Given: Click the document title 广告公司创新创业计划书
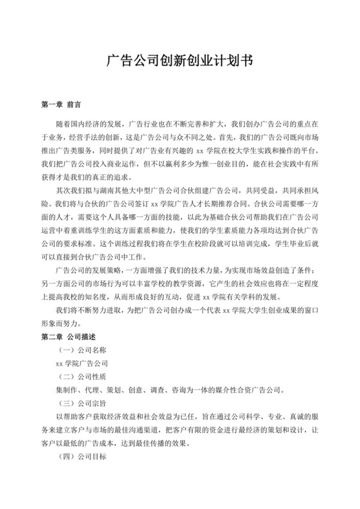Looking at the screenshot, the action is [x=179, y=62].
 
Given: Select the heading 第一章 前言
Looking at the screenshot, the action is [x=60, y=103].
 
